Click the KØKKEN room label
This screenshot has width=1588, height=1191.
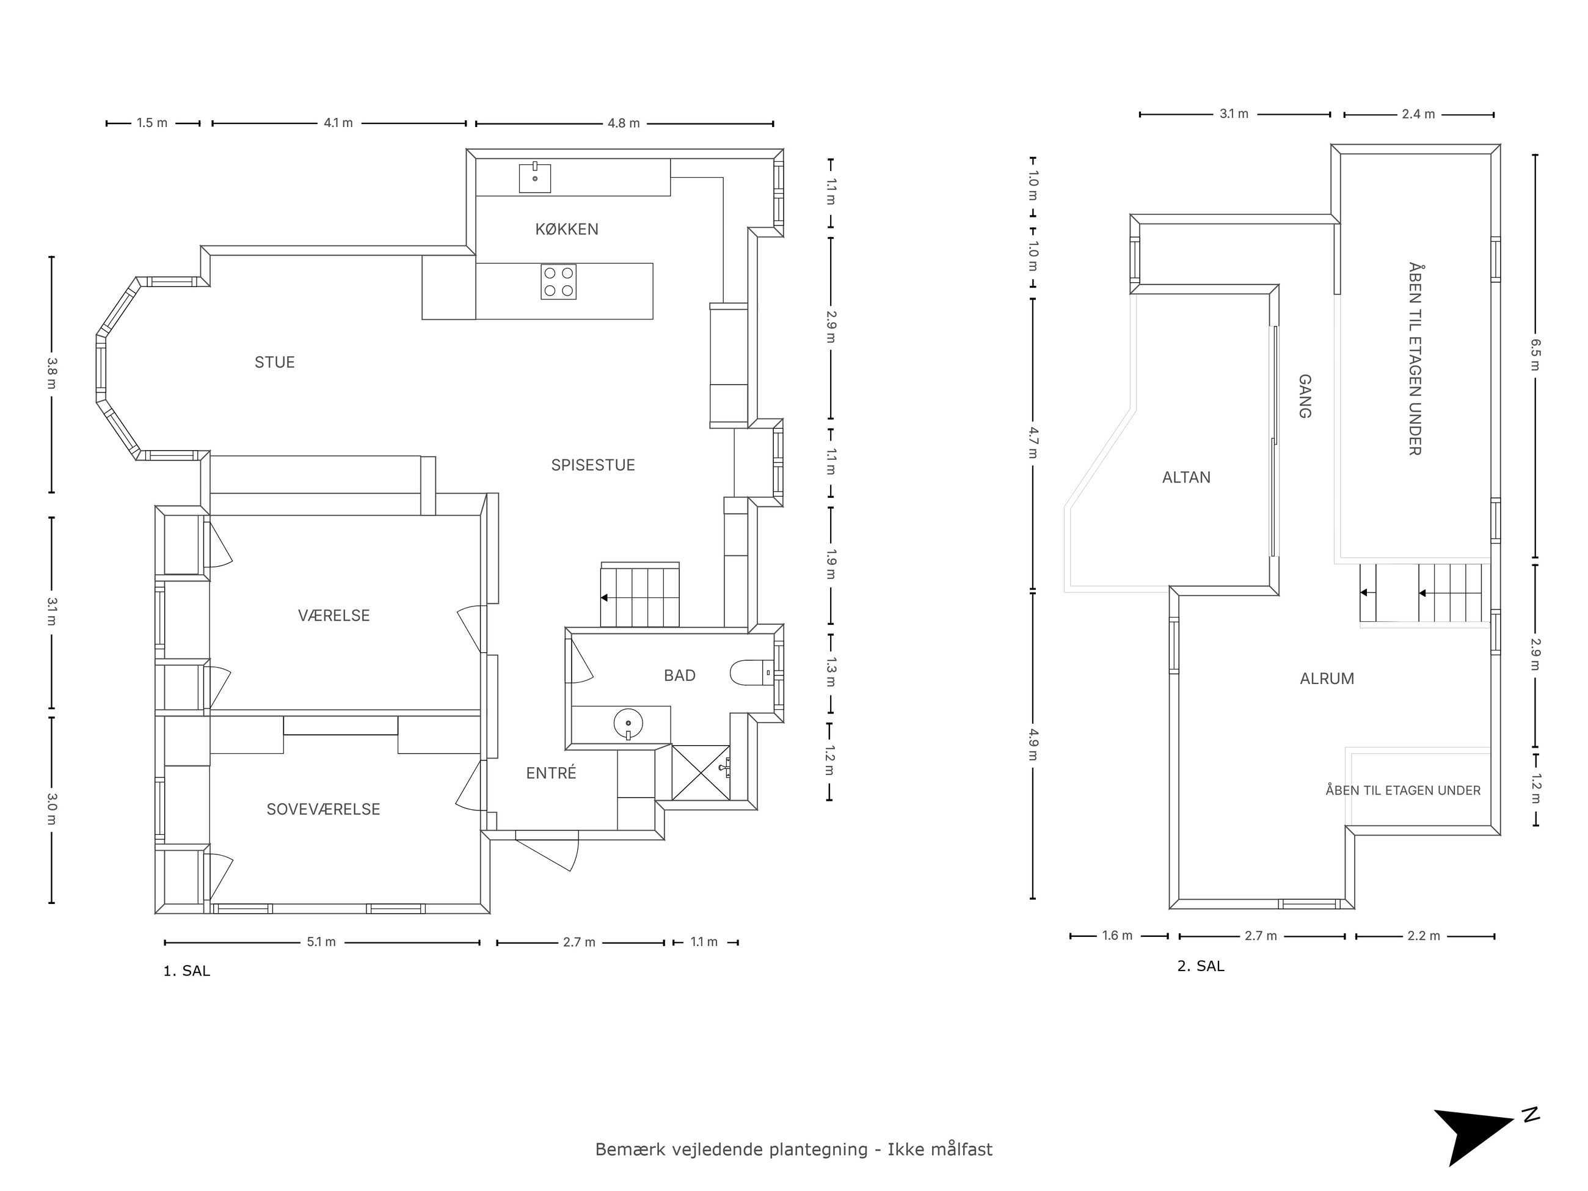(566, 229)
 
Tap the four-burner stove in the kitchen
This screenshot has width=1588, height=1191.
(558, 282)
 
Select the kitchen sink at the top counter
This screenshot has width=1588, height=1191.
(535, 177)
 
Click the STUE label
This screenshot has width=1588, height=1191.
(274, 362)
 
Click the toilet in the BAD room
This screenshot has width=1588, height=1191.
(751, 672)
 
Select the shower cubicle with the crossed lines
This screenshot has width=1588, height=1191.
(701, 773)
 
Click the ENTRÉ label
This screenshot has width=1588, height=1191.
(551, 773)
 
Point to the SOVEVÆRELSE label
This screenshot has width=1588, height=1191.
(323, 809)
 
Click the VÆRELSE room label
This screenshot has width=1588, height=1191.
(334, 615)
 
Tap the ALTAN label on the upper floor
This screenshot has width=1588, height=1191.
(1186, 478)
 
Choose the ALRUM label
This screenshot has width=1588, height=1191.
(1327, 679)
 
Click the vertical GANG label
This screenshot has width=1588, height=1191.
(1305, 396)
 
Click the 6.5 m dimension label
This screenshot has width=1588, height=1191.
(1535, 355)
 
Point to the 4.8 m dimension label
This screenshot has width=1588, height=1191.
(623, 123)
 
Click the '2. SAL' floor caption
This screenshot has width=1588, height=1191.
(1200, 966)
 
